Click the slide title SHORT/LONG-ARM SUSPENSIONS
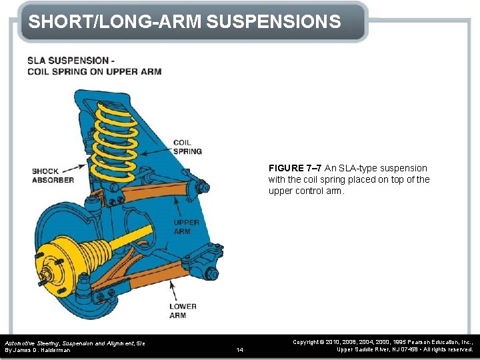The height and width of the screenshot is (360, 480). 185,21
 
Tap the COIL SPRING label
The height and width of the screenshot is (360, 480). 187,147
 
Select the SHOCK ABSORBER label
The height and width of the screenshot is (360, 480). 53,175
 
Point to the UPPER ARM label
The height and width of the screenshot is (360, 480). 186,227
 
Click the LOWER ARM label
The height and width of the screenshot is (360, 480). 182,311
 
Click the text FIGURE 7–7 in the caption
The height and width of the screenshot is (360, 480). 295,168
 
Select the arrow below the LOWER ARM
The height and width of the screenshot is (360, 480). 173,290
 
